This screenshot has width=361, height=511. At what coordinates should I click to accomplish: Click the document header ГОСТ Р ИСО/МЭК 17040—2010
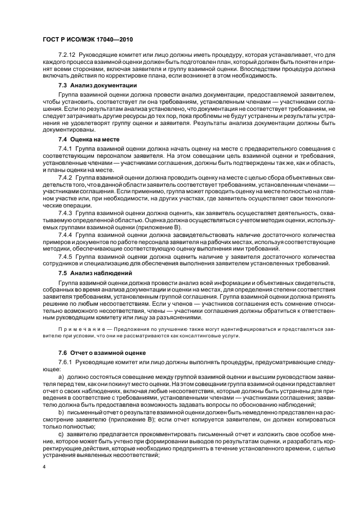[x=88, y=39]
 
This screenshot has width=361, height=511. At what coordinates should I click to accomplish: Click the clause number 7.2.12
[x=67, y=55]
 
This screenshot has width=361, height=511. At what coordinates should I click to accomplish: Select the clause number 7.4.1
[x=65, y=148]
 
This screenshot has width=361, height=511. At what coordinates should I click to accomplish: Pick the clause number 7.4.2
[x=65, y=179]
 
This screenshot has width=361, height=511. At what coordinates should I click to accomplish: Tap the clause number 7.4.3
[x=65, y=212]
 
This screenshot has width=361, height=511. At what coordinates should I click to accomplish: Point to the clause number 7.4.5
[x=65, y=256]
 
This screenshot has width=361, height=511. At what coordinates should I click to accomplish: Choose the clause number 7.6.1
[x=65, y=362]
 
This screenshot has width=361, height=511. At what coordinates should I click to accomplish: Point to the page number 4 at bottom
[x=44, y=468]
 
